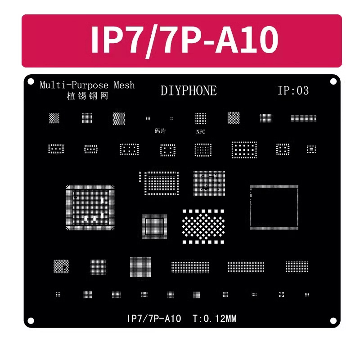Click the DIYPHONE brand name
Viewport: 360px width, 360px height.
(189, 90)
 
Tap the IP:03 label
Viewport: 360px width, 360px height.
(293, 90)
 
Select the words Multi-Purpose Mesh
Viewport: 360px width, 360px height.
(87, 85)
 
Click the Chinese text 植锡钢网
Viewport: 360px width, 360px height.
(87, 96)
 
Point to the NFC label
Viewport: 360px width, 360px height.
(200, 132)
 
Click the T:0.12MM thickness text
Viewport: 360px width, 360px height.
(215, 319)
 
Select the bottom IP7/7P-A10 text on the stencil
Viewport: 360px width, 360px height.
(154, 319)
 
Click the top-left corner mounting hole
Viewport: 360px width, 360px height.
(31, 82)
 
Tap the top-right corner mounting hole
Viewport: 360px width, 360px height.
(333, 82)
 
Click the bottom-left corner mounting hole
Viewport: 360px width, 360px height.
(31, 320)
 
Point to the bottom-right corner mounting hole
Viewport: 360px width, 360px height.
(333, 320)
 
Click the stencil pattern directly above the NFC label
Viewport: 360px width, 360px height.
(200, 118)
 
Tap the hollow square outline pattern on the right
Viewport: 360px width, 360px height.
(274, 205)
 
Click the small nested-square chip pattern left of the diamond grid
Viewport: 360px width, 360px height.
(154, 226)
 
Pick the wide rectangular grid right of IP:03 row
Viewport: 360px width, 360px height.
(303, 118)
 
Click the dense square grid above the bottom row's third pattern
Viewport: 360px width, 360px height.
(140, 268)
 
